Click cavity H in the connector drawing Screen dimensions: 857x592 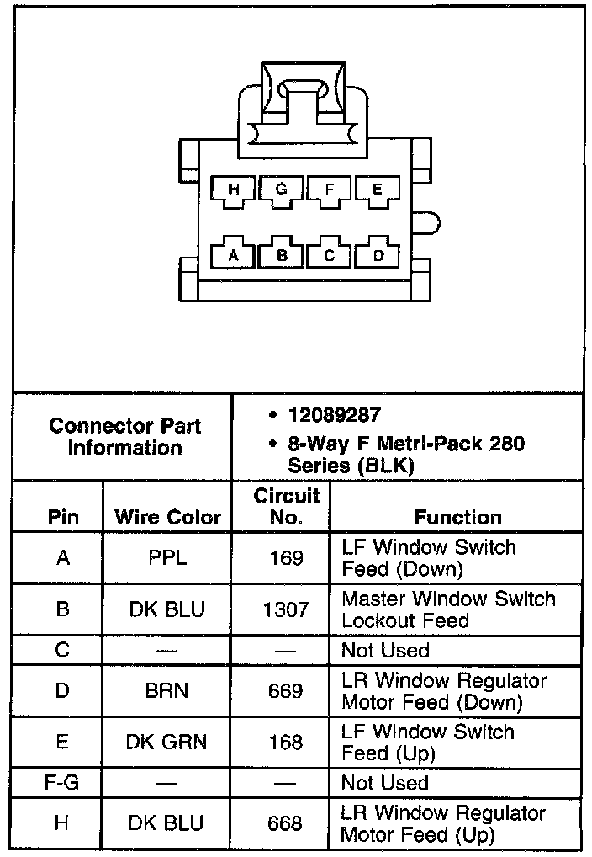[234, 191]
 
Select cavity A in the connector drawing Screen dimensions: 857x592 [234, 253]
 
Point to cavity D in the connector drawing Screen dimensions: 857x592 [378, 253]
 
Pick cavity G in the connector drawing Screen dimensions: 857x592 [282, 191]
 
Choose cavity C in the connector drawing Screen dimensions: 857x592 [330, 253]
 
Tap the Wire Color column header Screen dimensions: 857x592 [167, 517]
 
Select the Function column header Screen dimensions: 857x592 [457, 517]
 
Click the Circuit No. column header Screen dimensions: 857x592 [286, 506]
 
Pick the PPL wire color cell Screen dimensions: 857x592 [167, 557]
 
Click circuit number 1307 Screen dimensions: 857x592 [286, 609]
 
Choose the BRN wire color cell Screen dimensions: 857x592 [167, 690]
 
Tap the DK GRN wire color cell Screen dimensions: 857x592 [167, 742]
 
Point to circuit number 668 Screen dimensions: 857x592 [286, 822]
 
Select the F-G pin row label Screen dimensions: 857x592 [61, 783]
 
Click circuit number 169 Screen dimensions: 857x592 [286, 557]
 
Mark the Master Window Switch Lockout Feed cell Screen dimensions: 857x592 [448, 609]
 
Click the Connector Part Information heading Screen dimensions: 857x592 [124, 436]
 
